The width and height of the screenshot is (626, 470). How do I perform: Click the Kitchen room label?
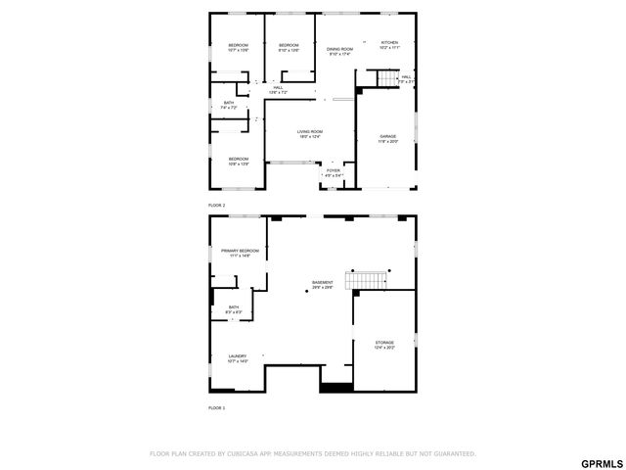(x=389, y=43)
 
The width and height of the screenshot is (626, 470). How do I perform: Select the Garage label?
(x=388, y=137)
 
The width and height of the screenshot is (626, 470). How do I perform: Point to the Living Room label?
(x=310, y=131)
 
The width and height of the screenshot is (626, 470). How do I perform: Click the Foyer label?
(x=334, y=169)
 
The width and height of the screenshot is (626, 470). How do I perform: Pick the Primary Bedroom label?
(x=240, y=251)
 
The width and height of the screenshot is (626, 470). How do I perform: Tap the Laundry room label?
(x=238, y=356)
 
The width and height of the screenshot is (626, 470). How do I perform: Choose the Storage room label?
(x=384, y=343)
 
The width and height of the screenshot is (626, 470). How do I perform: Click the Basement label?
(x=323, y=283)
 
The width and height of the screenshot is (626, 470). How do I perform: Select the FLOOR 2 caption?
(x=216, y=205)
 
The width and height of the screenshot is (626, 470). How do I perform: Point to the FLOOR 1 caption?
(x=216, y=406)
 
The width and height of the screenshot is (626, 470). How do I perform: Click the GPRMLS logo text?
(x=601, y=462)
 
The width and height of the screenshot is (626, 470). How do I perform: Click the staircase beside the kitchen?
(x=389, y=78)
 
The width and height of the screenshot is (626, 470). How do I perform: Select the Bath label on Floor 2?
(x=229, y=102)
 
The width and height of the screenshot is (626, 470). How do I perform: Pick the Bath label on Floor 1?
(x=234, y=307)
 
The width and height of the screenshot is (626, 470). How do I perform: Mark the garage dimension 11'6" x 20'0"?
(x=388, y=143)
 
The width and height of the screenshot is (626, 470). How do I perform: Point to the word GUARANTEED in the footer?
(x=453, y=453)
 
